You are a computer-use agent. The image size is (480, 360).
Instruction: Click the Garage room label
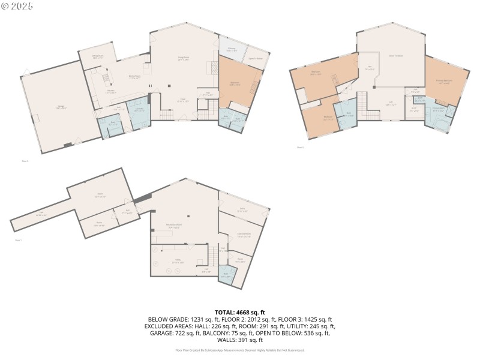tap(61, 107)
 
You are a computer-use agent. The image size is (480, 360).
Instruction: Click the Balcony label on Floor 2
tap(232, 49)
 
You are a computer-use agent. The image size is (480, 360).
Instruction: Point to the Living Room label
tap(184, 58)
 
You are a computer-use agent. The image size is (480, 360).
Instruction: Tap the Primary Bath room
tap(439, 110)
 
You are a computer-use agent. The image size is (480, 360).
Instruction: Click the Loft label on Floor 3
tap(391, 104)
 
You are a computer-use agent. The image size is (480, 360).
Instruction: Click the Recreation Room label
tap(173, 226)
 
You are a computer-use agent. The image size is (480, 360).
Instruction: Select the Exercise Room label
tap(244, 235)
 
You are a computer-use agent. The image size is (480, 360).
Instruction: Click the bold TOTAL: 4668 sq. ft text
tap(239, 312)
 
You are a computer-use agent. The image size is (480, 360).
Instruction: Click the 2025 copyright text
tap(17, 5)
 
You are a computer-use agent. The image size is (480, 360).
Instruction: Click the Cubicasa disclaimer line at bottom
tap(239, 350)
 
